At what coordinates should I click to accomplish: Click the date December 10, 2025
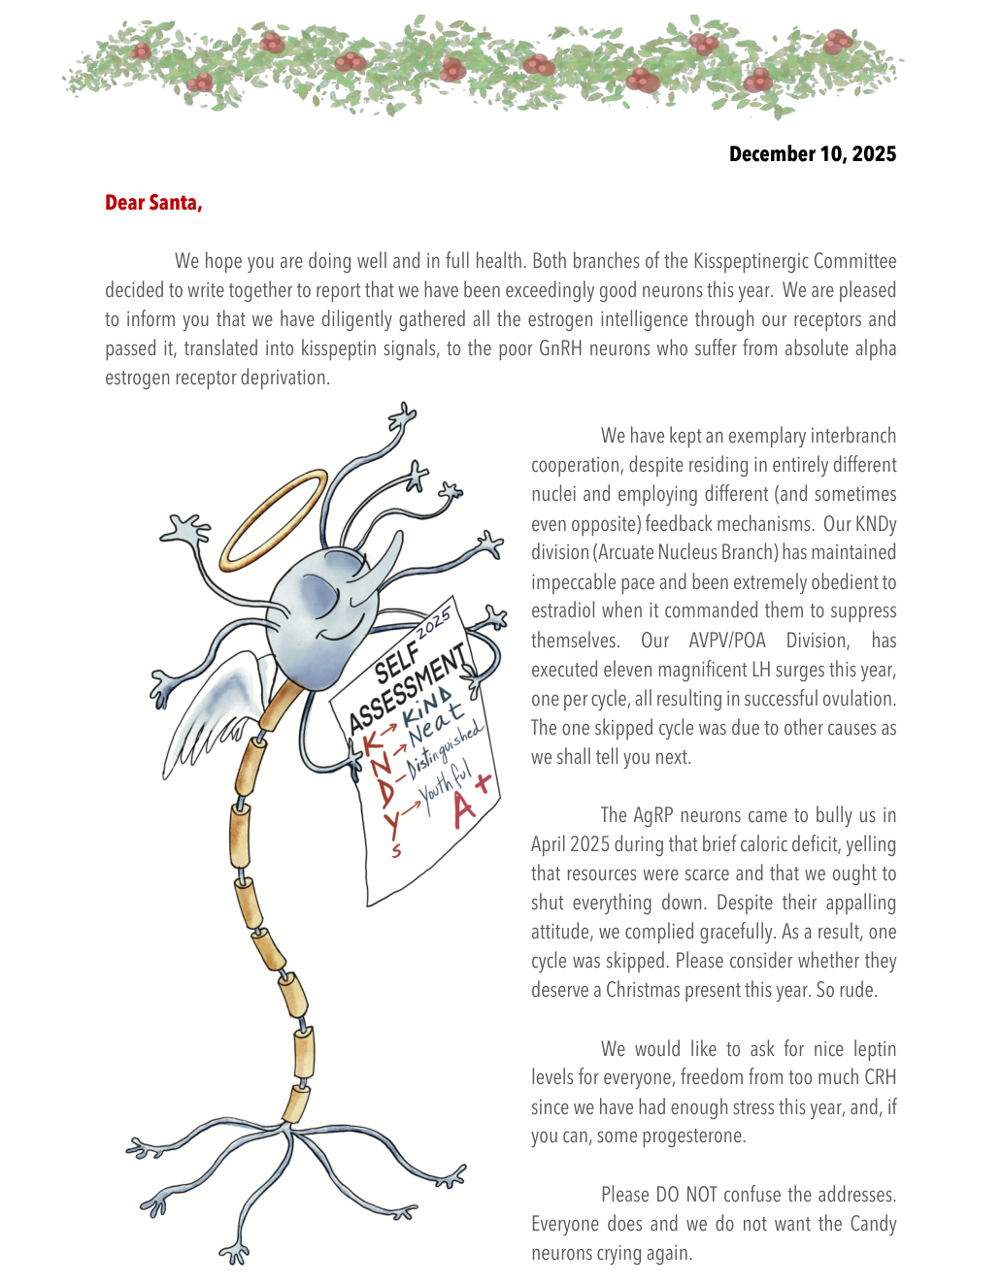coord(812,154)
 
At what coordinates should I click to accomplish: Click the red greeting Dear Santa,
coord(153,203)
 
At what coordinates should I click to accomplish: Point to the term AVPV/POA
coord(727,641)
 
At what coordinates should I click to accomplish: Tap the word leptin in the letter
coord(874,1049)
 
